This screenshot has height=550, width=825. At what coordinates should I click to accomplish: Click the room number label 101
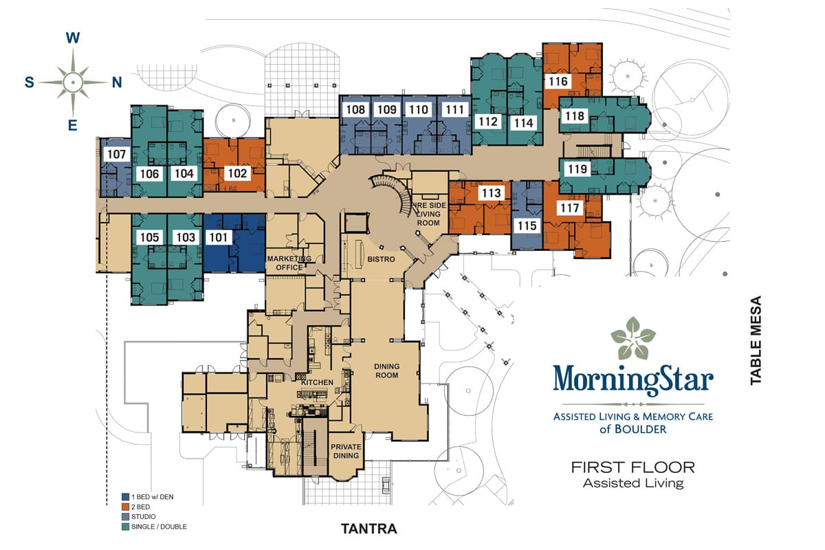219,237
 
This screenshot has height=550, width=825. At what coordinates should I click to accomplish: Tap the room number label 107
117,154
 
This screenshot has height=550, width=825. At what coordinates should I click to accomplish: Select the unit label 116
558,81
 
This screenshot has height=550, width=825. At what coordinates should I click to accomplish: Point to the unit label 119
577,169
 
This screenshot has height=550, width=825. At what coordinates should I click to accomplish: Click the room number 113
492,192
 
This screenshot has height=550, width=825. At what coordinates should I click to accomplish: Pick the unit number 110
419,109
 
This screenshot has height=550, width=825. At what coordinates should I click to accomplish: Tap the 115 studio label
527,225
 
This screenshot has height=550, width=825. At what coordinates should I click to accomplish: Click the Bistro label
381,259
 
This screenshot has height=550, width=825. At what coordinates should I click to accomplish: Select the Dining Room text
386,371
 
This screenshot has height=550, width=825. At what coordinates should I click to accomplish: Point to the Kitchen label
317,382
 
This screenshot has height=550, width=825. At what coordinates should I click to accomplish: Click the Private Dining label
345,451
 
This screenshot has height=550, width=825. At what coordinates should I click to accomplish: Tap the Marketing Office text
289,263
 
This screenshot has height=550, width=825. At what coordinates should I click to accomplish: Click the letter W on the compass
73,38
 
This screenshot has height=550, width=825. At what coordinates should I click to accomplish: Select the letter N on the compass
117,82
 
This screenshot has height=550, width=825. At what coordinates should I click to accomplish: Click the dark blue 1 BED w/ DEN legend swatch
126,497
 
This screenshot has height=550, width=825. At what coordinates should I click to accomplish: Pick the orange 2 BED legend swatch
126,507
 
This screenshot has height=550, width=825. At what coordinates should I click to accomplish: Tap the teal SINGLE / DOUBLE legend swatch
126,527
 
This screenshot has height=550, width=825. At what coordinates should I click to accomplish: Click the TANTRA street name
369,529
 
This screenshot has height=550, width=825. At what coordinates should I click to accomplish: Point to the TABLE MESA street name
756,340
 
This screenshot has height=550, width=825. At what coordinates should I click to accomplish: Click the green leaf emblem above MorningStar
632,338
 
